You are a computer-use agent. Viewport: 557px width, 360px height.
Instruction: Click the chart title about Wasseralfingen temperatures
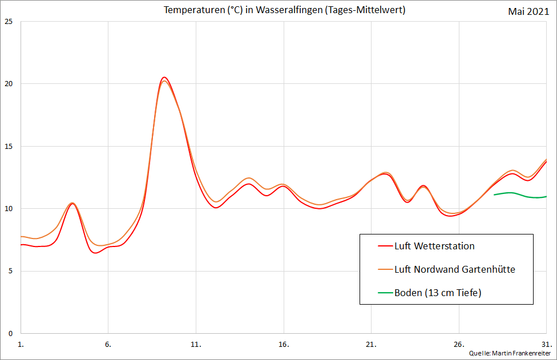point(284,10)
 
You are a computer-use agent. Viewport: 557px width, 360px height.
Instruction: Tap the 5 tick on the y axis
point(10,272)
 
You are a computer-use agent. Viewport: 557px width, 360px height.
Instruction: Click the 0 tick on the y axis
point(10,334)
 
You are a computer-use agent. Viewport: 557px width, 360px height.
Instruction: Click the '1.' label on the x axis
point(21,345)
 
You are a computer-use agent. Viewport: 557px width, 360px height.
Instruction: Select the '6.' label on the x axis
point(108,345)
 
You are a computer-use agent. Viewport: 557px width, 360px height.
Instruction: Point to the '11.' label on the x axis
point(196,345)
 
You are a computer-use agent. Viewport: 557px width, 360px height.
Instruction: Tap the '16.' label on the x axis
point(284,345)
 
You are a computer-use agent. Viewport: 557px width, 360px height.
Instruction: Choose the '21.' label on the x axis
point(371,345)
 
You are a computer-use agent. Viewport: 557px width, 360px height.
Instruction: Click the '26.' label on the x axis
point(459,345)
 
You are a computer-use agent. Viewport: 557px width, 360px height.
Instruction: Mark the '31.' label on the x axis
point(546,345)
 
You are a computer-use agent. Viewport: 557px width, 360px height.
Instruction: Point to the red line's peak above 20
point(164,77)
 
